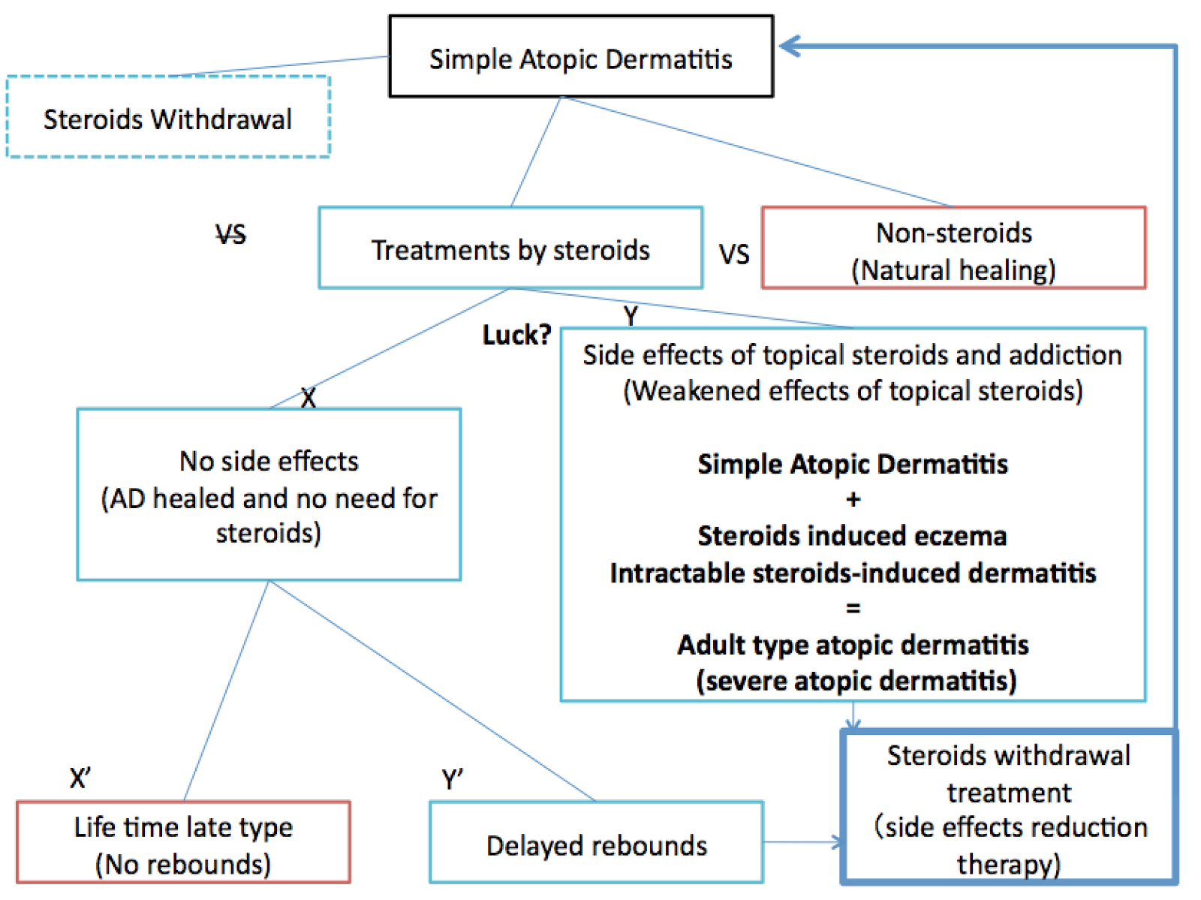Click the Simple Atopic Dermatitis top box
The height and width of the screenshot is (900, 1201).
(580, 57)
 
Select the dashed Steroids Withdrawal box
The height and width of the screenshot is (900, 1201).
(168, 118)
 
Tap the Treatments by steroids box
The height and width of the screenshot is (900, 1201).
(510, 248)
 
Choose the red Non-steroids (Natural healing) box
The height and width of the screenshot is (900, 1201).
(953, 248)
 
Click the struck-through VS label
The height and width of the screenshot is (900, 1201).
(230, 235)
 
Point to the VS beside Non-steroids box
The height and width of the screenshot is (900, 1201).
(733, 254)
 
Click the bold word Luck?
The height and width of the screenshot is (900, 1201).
(516, 335)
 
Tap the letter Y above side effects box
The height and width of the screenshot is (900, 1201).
(631, 316)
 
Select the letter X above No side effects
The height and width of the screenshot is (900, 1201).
(308, 398)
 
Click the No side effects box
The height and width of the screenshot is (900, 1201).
(269, 495)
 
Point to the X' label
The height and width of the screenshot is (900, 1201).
(80, 778)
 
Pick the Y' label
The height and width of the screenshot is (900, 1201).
(452, 780)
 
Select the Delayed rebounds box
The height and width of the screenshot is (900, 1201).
(596, 844)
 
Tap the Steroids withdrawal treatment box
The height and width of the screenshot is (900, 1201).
(1008, 808)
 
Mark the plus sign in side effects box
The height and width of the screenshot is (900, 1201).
(853, 499)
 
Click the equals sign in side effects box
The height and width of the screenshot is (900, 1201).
(853, 608)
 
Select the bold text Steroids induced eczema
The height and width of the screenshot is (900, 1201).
(852, 536)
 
